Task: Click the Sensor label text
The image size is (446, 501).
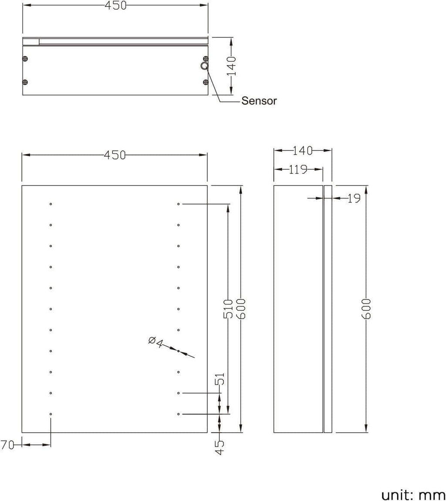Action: tap(259, 101)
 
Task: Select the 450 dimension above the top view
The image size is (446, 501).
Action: tap(115, 6)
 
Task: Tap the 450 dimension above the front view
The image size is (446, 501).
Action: tap(115, 155)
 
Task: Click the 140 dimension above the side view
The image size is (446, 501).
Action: tap(302, 151)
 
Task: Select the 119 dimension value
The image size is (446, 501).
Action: tap(298, 169)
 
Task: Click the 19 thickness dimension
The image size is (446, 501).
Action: tap(354, 198)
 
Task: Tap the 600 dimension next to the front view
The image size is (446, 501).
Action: tap(241, 309)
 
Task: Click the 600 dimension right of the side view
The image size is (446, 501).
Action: tap(366, 309)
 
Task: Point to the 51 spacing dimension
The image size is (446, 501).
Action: tap(220, 379)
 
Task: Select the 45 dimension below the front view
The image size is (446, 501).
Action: tap(220, 447)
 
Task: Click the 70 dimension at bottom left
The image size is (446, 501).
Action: tap(7, 445)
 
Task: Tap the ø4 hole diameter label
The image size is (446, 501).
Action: tap(155, 342)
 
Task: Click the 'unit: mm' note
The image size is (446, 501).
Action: tap(413, 483)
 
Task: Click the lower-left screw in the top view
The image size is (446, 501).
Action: tap(25, 82)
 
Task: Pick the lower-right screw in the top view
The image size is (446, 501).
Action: tap(206, 82)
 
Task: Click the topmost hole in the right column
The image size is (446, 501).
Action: tap(179, 204)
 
